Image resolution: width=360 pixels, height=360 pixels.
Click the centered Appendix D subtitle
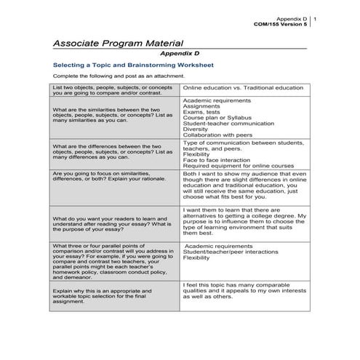click(x=179, y=54)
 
